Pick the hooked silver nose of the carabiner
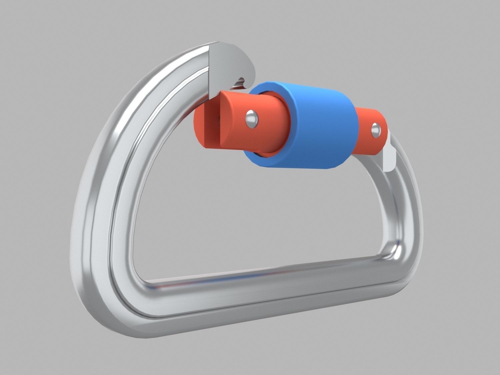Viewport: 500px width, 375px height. [x=233, y=63]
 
